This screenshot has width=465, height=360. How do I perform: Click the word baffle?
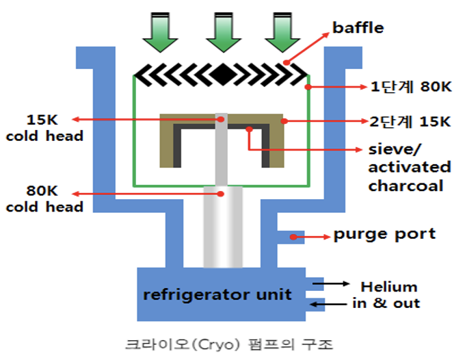point(358,28)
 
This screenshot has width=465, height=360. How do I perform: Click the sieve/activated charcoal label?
point(409,167)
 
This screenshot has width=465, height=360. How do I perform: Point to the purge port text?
point(384,234)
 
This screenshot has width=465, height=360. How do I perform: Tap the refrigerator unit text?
point(217,295)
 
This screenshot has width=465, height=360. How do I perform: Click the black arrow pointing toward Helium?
point(339,282)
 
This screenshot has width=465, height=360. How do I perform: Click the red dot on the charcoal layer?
point(250,128)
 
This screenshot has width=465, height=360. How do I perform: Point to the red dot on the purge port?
point(293,237)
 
